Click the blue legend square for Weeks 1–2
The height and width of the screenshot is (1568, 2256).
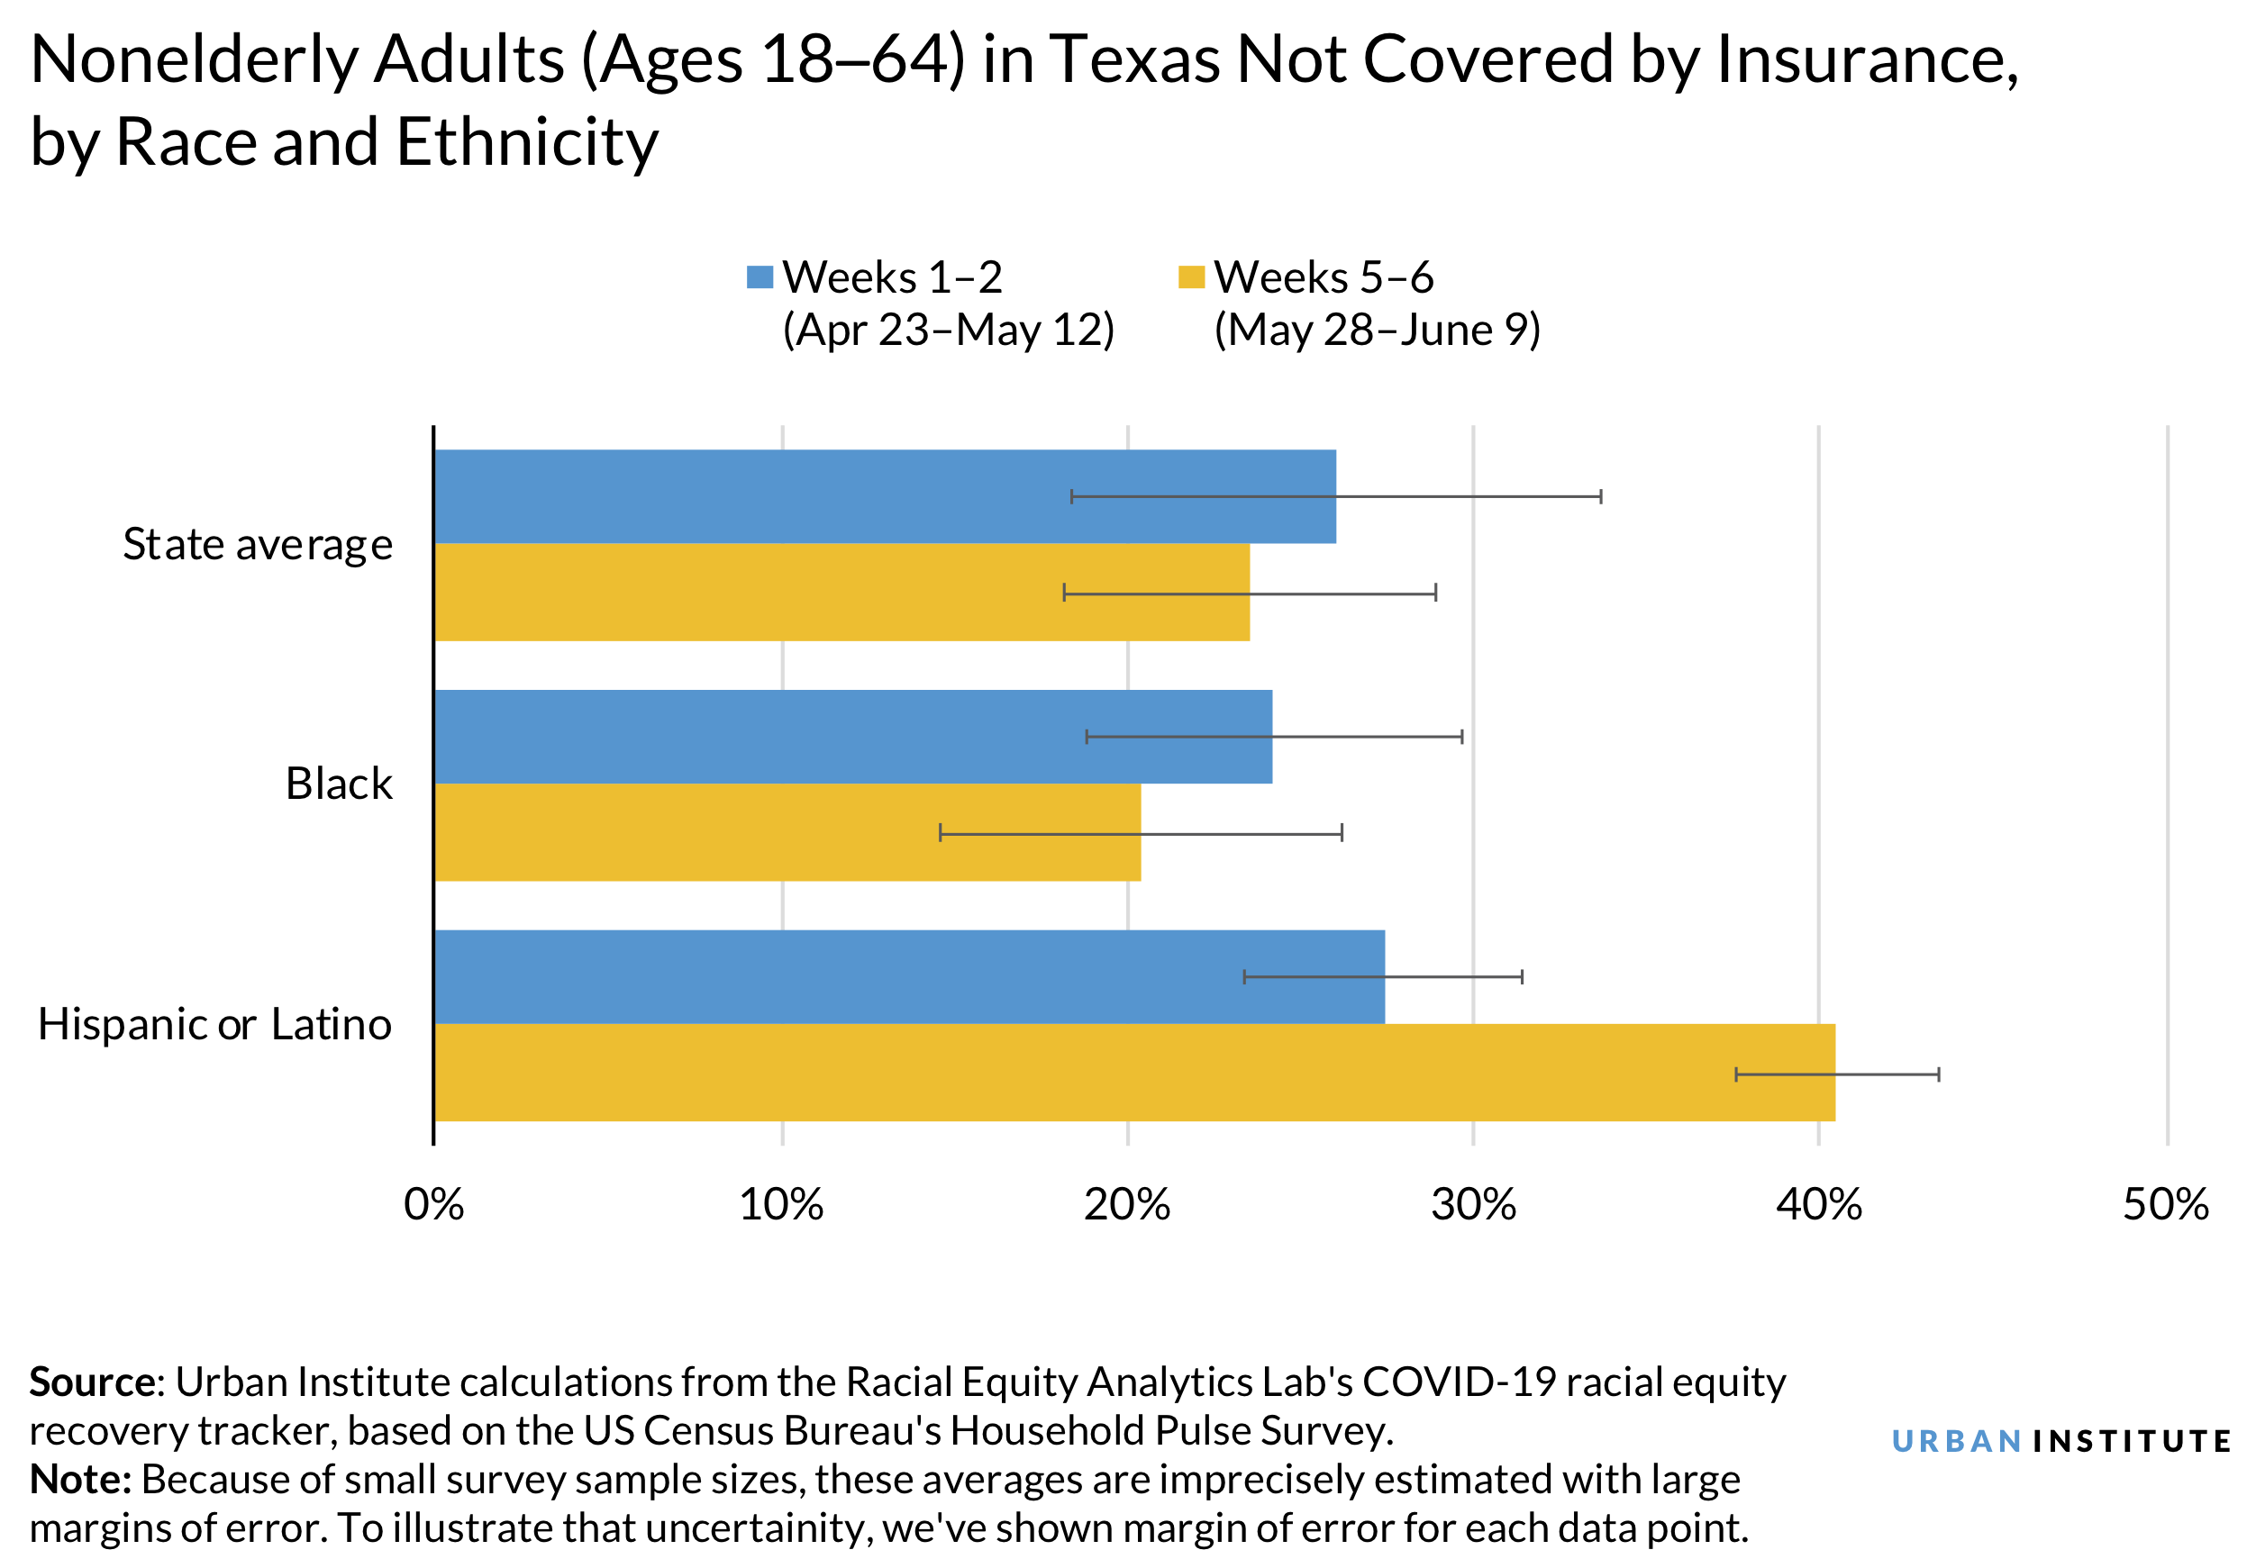pyautogui.click(x=760, y=277)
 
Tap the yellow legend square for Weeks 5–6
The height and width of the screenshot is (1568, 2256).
pyautogui.click(x=1191, y=277)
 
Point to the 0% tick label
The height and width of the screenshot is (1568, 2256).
pyautogui.click(x=433, y=1205)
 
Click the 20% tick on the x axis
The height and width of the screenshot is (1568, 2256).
pyautogui.click(x=1127, y=1205)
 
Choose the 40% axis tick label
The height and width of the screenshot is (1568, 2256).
pyautogui.click(x=1819, y=1205)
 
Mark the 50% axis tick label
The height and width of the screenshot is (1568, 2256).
pyautogui.click(x=2166, y=1205)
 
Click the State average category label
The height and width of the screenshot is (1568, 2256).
pyautogui.click(x=258, y=545)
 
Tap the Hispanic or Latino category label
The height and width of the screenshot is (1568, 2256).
pyautogui.click(x=214, y=1025)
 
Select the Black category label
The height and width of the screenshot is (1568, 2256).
pyautogui.click(x=338, y=784)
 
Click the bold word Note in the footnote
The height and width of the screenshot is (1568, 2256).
pyautogui.click(x=80, y=1480)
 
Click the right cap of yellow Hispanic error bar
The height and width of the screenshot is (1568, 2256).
pyautogui.click(x=1939, y=1074)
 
